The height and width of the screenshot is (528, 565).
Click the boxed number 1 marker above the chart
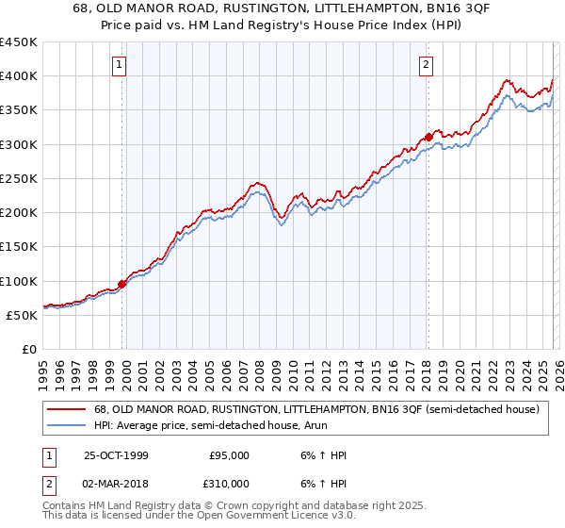pyautogui.click(x=121, y=65)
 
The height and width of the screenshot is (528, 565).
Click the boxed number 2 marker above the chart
pyautogui.click(x=427, y=65)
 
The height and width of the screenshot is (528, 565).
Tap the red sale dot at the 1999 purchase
pyautogui.click(x=122, y=284)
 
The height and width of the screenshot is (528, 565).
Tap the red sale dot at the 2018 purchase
pyautogui.click(x=428, y=137)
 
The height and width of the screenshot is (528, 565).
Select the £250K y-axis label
pyautogui.click(x=19, y=178)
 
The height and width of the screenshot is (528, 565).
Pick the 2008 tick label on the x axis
pyautogui.click(x=259, y=372)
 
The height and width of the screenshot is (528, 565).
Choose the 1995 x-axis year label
pyautogui.click(x=43, y=372)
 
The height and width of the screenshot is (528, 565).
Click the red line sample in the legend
pyautogui.click(x=69, y=409)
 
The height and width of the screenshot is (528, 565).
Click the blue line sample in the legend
pyautogui.click(x=69, y=425)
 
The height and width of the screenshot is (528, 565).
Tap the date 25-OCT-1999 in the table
pyautogui.click(x=116, y=455)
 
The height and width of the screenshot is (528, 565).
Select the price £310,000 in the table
pyautogui.click(x=229, y=483)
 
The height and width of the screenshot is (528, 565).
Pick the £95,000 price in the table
pyautogui.click(x=229, y=455)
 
